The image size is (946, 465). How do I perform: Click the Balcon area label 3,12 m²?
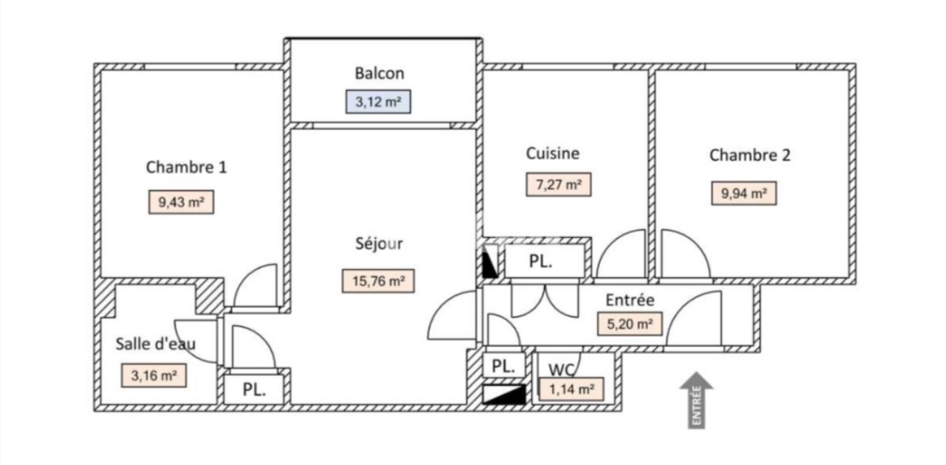[x=378, y=102]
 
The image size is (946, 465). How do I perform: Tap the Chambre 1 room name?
[x=186, y=168]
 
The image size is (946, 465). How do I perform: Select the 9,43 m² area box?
[x=181, y=202]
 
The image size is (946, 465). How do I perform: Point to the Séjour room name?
[x=379, y=244]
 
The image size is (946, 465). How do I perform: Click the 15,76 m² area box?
[x=379, y=281]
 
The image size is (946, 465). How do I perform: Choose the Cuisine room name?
[x=552, y=153]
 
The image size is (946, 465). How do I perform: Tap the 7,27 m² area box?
[x=559, y=184]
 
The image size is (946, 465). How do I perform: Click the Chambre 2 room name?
[x=749, y=155]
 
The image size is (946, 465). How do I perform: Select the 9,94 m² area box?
[x=744, y=194]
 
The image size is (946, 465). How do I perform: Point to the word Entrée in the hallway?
[x=630, y=300]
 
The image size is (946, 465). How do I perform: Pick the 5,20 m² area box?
[x=630, y=324]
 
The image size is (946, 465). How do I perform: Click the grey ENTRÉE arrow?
[x=696, y=400]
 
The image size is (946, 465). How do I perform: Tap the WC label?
[x=562, y=370]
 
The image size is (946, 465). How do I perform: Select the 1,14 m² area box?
[x=572, y=389]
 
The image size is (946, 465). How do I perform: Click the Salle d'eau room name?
[x=156, y=344]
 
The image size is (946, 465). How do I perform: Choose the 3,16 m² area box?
[x=154, y=376]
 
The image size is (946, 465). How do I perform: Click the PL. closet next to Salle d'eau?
[x=254, y=390]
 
